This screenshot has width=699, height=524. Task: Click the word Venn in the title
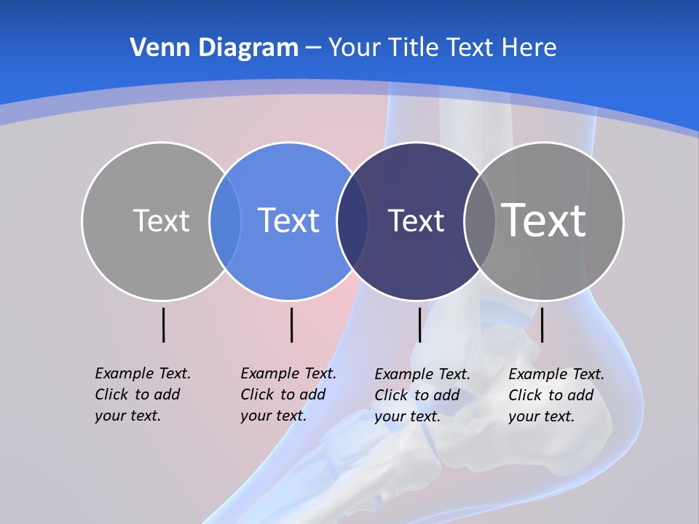pyautogui.click(x=152, y=47)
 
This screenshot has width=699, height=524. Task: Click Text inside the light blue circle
pyautogui.click(x=288, y=221)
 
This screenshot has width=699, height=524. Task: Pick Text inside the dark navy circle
pyautogui.click(x=416, y=221)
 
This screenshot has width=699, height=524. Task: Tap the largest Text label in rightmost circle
pyautogui.click(x=544, y=220)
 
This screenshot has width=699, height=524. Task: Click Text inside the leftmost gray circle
pyautogui.click(x=161, y=221)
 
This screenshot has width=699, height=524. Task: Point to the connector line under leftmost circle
pyautogui.click(x=164, y=325)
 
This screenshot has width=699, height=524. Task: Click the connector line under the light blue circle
pyautogui.click(x=291, y=325)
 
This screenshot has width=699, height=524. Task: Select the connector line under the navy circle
pyautogui.click(x=419, y=325)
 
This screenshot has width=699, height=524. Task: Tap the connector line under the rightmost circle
pyautogui.click(x=542, y=325)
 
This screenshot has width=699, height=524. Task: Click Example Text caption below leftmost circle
pyautogui.click(x=143, y=394)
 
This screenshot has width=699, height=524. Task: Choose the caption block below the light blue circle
pyautogui.click(x=288, y=394)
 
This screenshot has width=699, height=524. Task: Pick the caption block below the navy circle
pyautogui.click(x=422, y=395)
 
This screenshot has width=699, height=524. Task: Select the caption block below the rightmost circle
pyautogui.click(x=556, y=395)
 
